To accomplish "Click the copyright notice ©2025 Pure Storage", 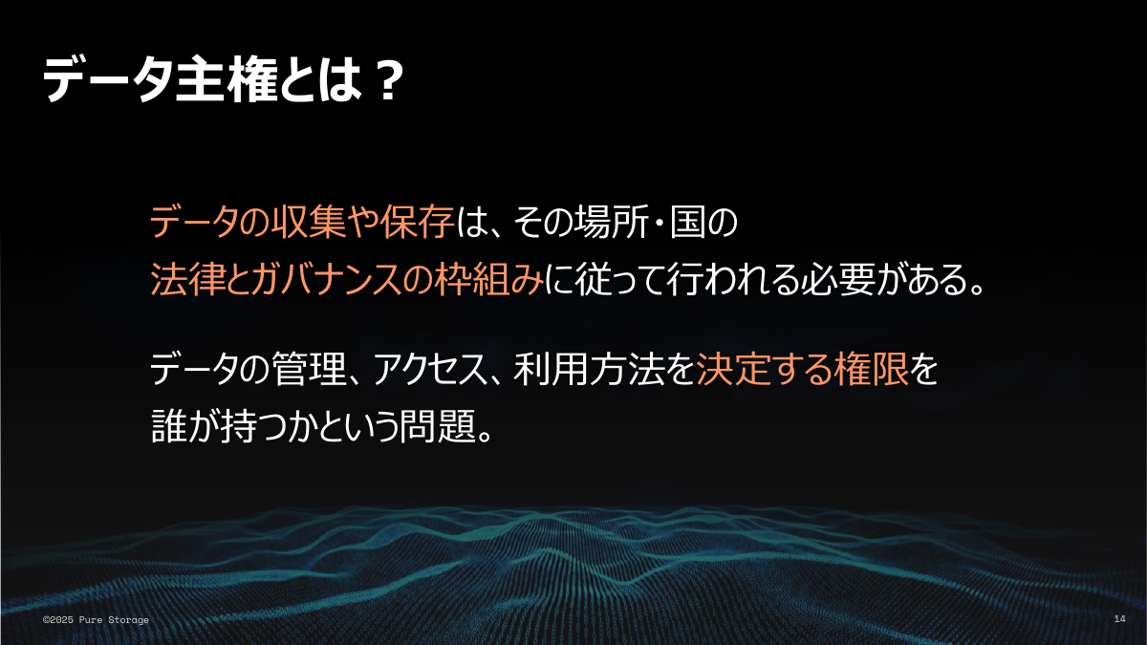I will click(x=96, y=620).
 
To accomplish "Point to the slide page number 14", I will click(x=1119, y=620).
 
